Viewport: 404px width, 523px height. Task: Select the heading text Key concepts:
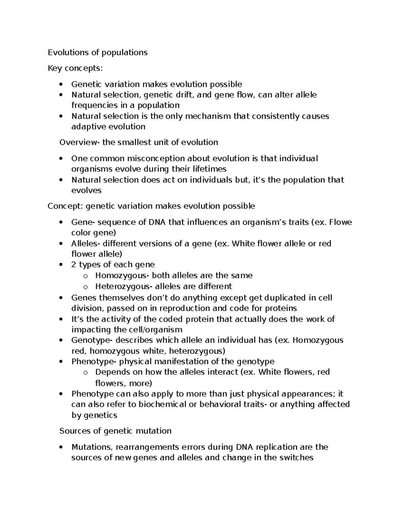pos(75,68)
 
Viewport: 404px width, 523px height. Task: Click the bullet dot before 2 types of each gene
pos(61,265)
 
